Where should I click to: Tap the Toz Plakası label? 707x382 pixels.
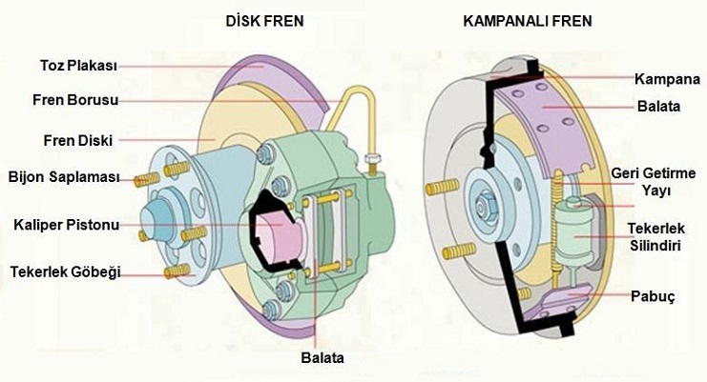tap(78, 67)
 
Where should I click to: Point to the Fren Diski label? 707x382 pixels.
tap(77, 141)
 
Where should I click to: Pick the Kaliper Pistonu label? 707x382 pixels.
tap(66, 226)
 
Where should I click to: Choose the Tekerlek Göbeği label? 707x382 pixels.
tap(66, 272)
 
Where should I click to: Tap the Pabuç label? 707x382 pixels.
tap(655, 297)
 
